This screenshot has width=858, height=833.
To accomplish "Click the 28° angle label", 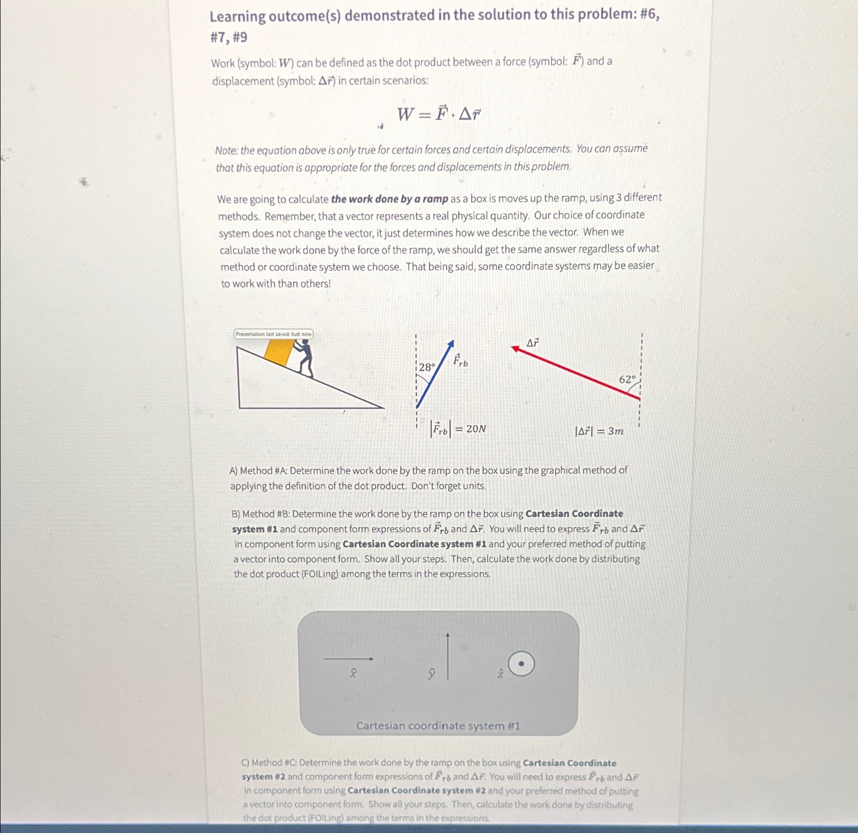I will pyautogui.click(x=427, y=367).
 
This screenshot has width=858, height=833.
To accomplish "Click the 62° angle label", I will pyautogui.click(x=627, y=379).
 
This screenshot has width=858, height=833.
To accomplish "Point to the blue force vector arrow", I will pyautogui.click(x=434, y=375).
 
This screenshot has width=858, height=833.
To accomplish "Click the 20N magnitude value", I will pyautogui.click(x=476, y=429).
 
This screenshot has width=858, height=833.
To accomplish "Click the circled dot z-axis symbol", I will pyautogui.click(x=521, y=664).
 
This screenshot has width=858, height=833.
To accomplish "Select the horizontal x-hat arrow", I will pyautogui.click(x=349, y=659).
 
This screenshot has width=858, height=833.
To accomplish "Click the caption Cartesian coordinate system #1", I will pyautogui.click(x=438, y=725).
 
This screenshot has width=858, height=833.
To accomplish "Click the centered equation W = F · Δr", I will pyautogui.click(x=438, y=114).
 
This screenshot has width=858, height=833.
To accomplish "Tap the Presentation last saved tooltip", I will pyautogui.click(x=274, y=334).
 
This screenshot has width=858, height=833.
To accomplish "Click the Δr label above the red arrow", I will pyautogui.click(x=532, y=343).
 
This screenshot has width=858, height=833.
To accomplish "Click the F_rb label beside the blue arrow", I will pyautogui.click(x=460, y=360).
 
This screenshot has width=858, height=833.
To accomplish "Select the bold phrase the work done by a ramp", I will pyautogui.click(x=389, y=199).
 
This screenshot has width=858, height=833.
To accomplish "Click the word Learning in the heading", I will pyautogui.click(x=238, y=17).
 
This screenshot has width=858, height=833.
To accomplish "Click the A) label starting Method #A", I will pyautogui.click(x=234, y=471).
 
